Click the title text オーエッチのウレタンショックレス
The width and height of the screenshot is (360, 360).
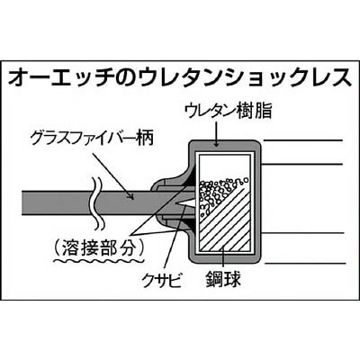[x=180, y=78]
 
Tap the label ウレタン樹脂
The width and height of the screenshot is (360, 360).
[x=229, y=111]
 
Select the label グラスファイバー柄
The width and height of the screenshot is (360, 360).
[x=93, y=139]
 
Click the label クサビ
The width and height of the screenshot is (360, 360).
[x=162, y=281]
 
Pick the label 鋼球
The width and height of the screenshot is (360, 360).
[x=223, y=279]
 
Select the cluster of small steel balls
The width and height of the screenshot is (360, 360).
[x=220, y=194]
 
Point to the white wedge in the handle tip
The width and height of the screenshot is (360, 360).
[x=186, y=203]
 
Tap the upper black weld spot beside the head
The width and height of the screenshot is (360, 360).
[x=190, y=180]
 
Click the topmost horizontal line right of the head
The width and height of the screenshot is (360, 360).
[x=303, y=140]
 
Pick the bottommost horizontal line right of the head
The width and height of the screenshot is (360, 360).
[x=304, y=264]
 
